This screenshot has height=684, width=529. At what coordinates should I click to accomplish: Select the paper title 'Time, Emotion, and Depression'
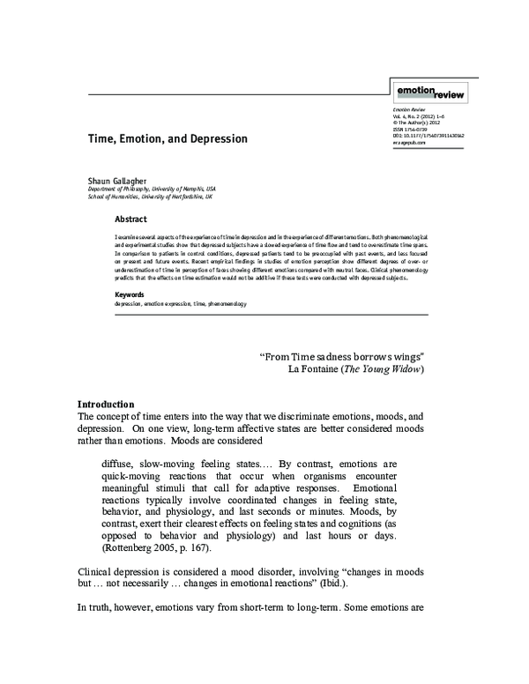(167, 139)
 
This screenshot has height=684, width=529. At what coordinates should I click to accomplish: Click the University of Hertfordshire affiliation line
(150, 197)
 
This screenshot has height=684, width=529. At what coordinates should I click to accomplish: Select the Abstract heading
(130, 219)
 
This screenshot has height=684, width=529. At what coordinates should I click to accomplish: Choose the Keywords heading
(130, 294)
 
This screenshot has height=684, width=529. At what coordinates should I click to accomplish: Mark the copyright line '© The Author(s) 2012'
(417, 123)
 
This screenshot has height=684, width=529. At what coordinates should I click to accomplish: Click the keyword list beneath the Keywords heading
(180, 303)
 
